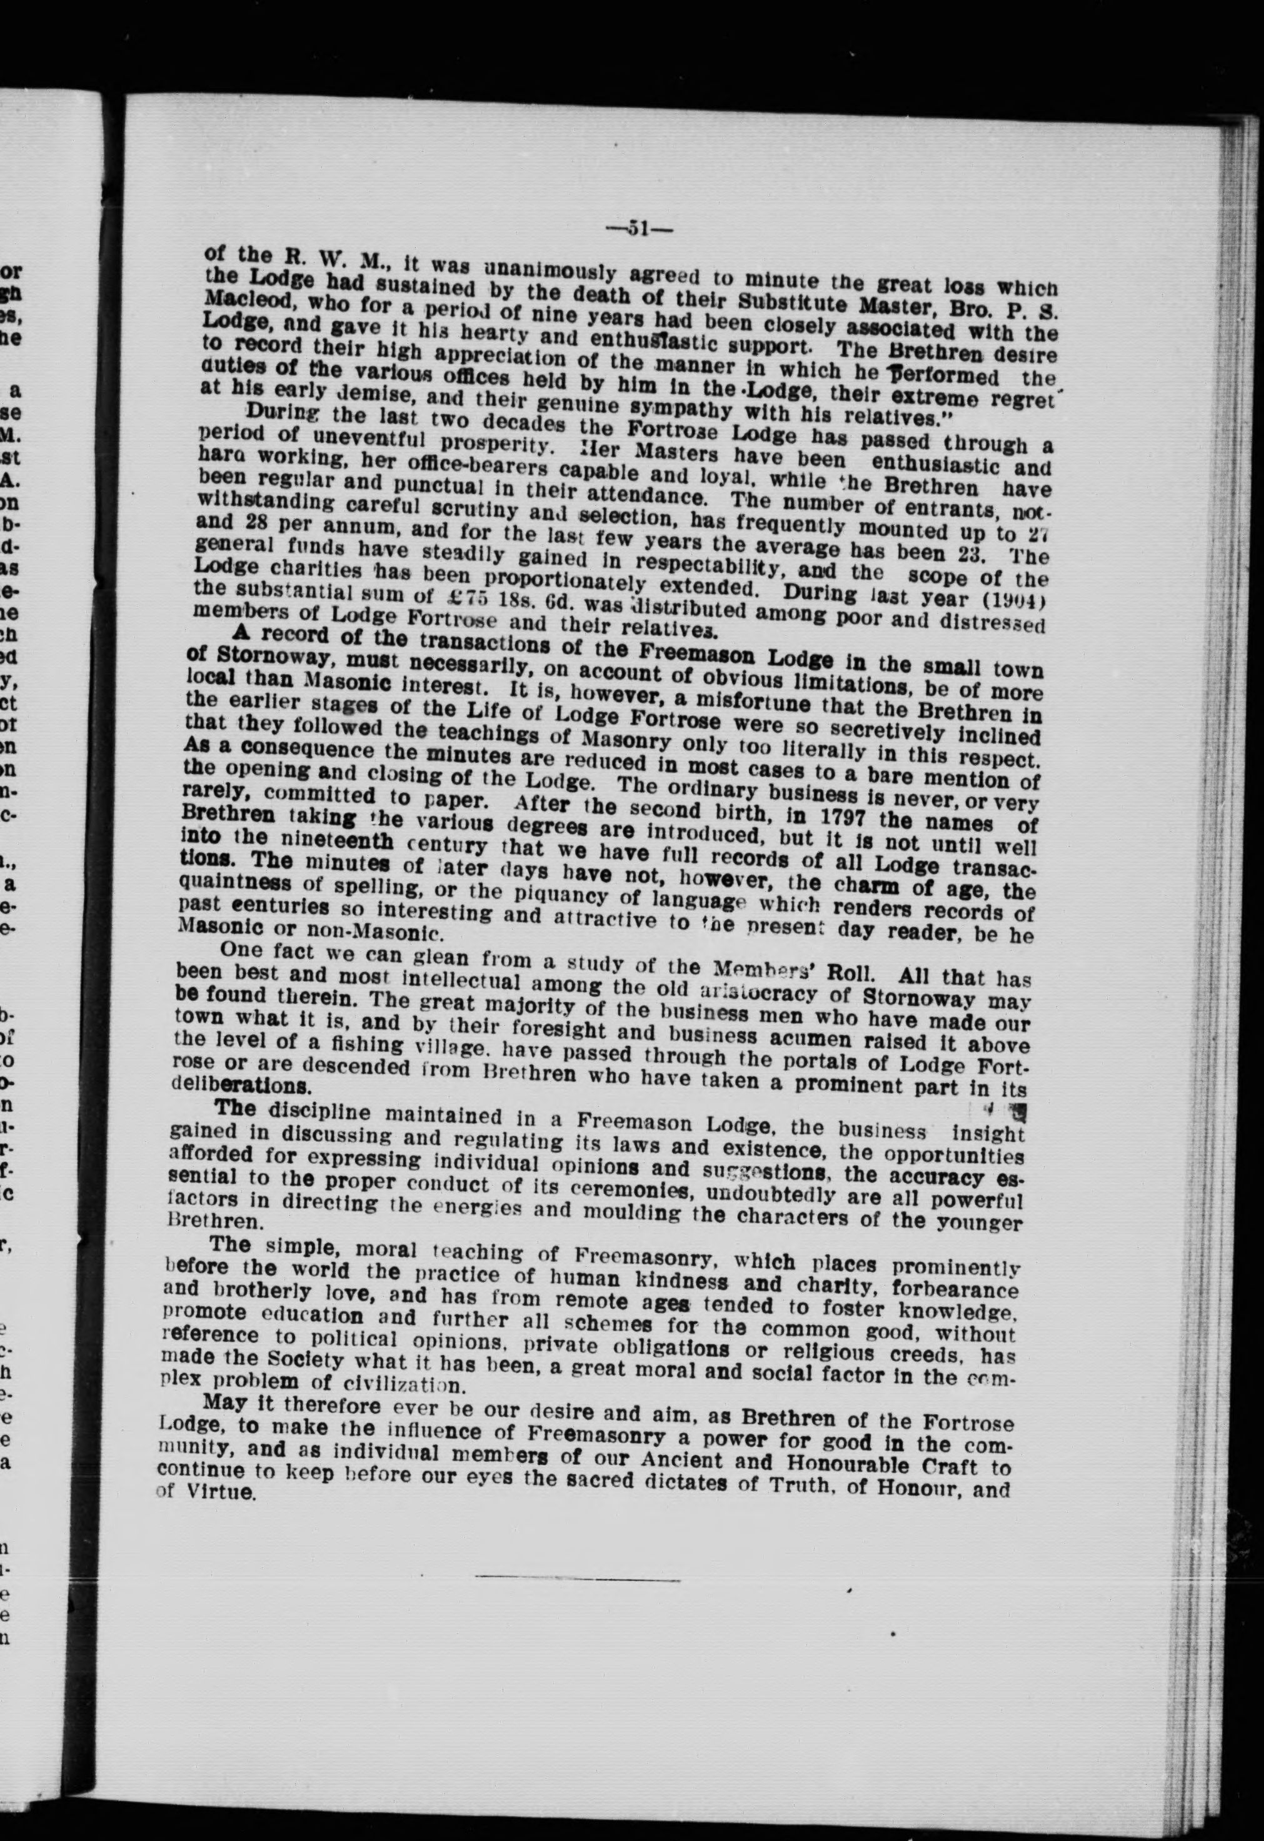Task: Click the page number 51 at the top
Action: click(x=639, y=229)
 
